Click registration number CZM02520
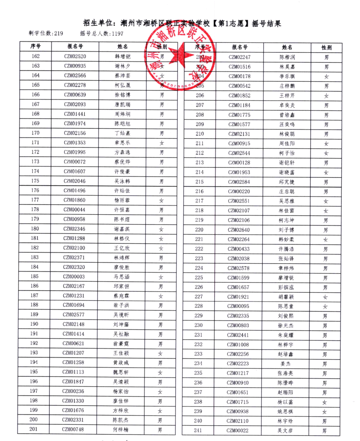click(x=75, y=56)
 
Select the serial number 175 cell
click(x=35, y=181)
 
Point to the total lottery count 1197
click(x=117, y=34)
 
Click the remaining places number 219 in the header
click(x=59, y=33)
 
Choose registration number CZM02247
click(x=239, y=57)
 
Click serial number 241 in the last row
click(x=198, y=430)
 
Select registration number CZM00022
click(x=237, y=431)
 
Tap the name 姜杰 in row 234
click(x=286, y=364)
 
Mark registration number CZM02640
click(x=239, y=230)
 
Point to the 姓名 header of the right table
click(x=287, y=47)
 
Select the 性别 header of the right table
click(x=326, y=48)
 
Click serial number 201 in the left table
click(x=34, y=429)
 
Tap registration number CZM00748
click(x=73, y=429)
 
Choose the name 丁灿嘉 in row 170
click(x=122, y=133)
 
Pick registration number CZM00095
click(x=238, y=306)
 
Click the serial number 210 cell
click(x=200, y=134)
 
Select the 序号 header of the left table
click(x=36, y=46)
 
